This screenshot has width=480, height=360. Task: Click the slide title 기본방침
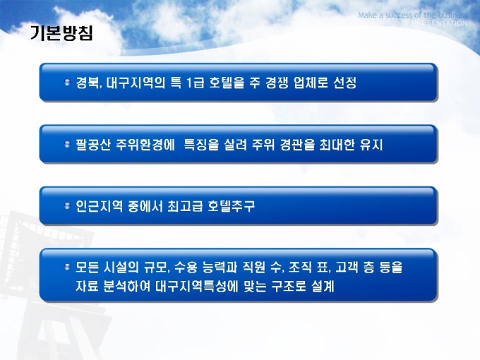[61, 33]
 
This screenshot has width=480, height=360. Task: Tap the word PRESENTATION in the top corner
[440, 23]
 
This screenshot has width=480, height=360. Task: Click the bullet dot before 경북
[67, 82]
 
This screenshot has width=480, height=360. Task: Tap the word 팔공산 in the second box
[93, 145]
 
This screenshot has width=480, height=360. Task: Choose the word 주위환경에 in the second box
[145, 145]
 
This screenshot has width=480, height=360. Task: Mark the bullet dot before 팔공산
[67, 144]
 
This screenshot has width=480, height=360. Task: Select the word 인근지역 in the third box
[100, 206]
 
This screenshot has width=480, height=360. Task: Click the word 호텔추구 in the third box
[231, 206]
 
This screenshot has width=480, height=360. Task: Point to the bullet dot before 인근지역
[67, 205]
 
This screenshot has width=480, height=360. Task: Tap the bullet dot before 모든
[67, 268]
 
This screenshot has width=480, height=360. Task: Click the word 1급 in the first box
[195, 83]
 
